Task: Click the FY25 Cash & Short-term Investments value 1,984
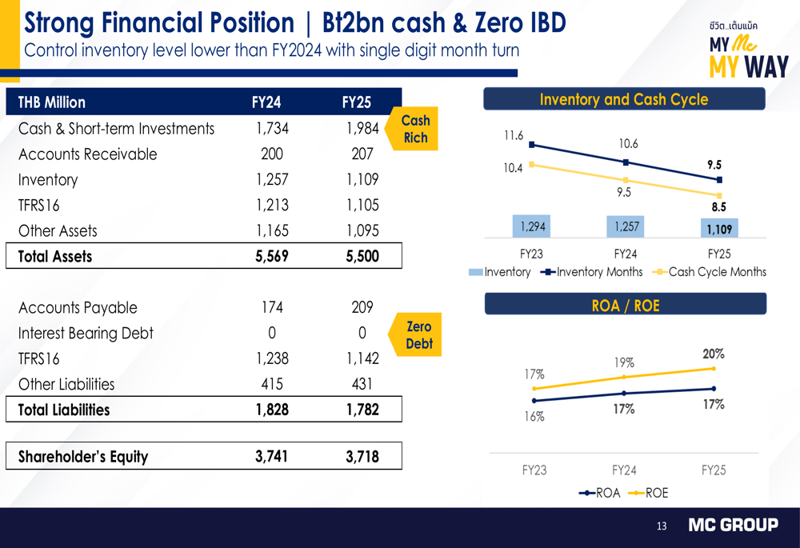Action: coord(362,129)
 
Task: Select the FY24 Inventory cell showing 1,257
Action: coord(272,180)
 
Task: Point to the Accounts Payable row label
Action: coord(78,308)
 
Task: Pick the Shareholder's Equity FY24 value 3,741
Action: coord(272,457)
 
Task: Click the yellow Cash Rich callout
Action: coord(414,130)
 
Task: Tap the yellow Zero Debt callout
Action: coord(418,335)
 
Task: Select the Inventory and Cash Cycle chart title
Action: coord(624,99)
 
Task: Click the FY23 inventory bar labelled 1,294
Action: coord(533,227)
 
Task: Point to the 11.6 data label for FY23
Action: coord(513,136)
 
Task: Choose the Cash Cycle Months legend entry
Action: coord(710,272)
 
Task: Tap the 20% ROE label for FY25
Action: coord(713,354)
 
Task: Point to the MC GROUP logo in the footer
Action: coord(734,526)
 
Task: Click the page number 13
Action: coord(662,526)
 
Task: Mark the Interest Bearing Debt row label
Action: coord(86,334)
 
